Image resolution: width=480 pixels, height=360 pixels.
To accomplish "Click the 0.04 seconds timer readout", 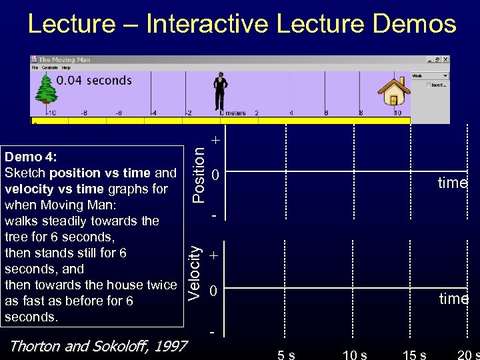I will (94, 81).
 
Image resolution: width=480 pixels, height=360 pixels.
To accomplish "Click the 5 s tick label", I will (287, 353).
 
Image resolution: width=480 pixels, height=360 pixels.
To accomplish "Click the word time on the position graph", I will (453, 183).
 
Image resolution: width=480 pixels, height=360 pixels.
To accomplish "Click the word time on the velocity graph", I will (453, 299).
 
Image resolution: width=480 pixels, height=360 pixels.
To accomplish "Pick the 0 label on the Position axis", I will (215, 176).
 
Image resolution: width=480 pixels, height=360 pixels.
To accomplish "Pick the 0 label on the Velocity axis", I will (213, 292).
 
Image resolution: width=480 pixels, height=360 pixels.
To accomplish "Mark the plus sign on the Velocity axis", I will (213, 255).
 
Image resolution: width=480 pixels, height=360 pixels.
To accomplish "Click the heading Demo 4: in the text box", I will (31, 157).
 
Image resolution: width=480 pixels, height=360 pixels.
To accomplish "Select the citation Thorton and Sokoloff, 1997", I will (97, 346).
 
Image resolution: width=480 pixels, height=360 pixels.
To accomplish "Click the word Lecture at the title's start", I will (71, 24).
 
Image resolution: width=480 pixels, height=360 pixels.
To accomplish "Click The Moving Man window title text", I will (64, 60).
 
